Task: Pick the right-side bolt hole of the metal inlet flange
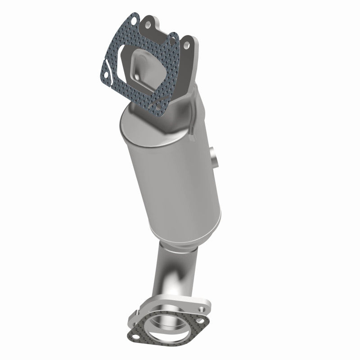[x=186, y=45]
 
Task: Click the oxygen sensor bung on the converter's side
[x=213, y=155]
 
